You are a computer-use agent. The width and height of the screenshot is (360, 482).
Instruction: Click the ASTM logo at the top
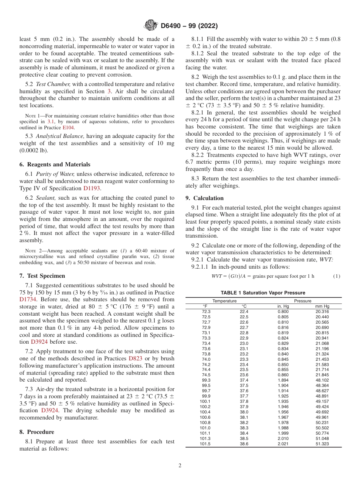point(151,26)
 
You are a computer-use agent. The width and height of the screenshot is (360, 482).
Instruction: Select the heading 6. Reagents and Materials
point(55,164)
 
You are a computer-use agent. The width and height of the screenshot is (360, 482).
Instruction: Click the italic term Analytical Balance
point(57,136)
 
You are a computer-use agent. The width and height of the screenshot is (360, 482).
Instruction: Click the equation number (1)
point(337,276)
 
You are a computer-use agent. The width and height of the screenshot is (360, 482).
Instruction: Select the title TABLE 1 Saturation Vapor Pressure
point(263,293)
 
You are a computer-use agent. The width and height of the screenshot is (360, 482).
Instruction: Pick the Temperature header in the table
point(224,301)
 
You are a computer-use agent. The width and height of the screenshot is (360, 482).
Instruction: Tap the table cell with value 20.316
point(322,311)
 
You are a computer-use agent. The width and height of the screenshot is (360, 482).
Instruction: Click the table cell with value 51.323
point(322,444)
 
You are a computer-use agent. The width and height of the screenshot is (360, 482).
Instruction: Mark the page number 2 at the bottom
point(180,466)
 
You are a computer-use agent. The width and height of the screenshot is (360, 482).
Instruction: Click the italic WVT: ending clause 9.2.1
point(326,260)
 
